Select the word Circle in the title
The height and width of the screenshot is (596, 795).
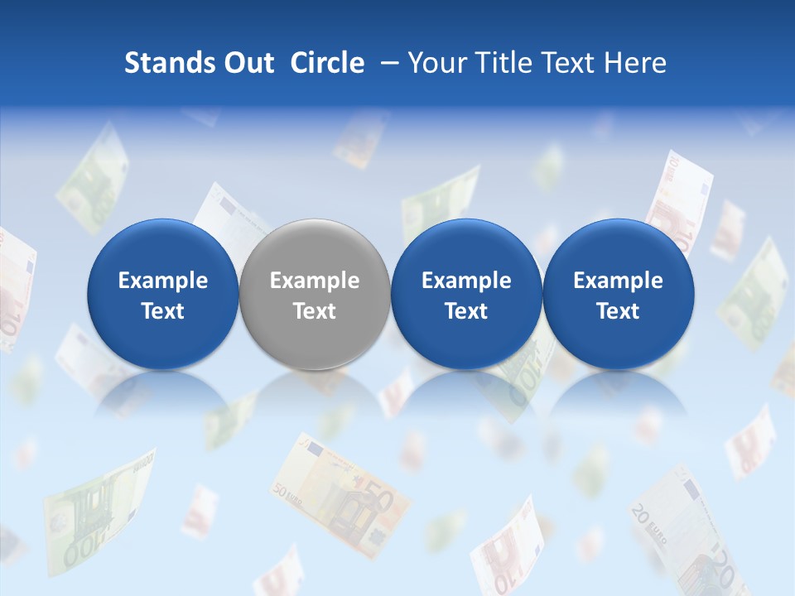pos(327,63)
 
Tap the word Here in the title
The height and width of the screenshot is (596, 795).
pos(636,63)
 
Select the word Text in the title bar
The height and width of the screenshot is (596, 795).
pos(569,63)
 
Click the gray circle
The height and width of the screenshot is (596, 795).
pos(315,294)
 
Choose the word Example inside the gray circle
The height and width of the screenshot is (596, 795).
pos(315,281)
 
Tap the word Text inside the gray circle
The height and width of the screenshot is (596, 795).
pos(315,311)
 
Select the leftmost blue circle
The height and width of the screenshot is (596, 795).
pos(163,294)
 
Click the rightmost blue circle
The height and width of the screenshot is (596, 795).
pos(618,294)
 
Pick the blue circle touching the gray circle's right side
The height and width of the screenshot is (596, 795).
pos(466,294)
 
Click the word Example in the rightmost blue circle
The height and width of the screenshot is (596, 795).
pos(618,281)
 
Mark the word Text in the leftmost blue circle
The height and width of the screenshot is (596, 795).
pos(163,311)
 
